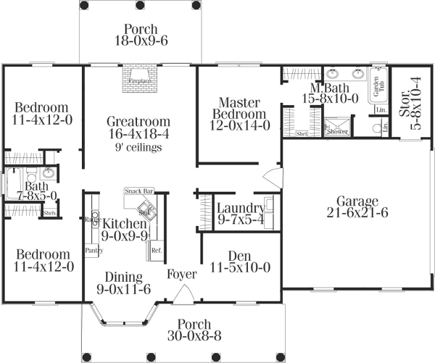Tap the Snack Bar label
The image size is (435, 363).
point(138,191)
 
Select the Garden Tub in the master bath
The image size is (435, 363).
point(378,86)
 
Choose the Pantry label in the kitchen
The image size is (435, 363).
point(94,250)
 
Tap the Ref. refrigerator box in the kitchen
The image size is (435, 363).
point(156,251)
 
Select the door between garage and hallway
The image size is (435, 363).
point(270,177)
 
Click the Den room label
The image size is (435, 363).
point(239,254)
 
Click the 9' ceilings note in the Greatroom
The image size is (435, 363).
point(138,147)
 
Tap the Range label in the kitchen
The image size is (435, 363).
point(91,219)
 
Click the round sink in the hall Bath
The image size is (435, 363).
point(48,174)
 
